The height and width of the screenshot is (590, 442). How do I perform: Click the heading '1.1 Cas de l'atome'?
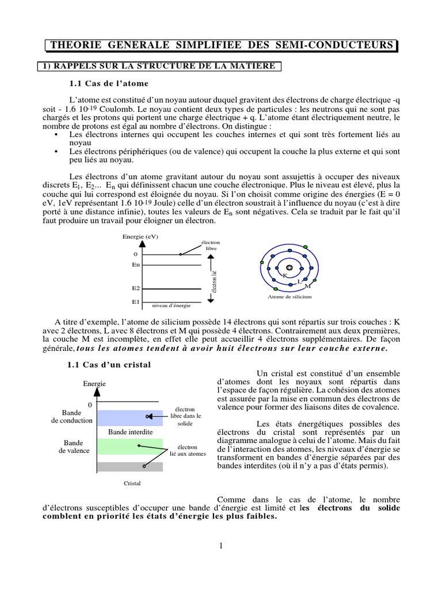pos(109,83)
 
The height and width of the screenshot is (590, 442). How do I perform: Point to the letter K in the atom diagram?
pos(285,276)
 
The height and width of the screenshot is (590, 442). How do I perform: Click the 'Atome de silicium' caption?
pos(289,297)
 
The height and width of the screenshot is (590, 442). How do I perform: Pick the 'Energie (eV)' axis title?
pos(140,237)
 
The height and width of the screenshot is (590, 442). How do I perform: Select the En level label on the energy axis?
pos(136,264)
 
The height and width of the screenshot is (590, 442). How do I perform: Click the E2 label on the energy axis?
pos(136,288)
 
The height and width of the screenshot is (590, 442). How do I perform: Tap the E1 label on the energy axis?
pos(136,301)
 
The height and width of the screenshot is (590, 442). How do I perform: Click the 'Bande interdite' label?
pos(131,432)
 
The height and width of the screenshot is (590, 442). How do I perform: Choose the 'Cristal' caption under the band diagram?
pos(132,484)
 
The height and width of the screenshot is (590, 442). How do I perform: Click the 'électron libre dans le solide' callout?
pos(185,416)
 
